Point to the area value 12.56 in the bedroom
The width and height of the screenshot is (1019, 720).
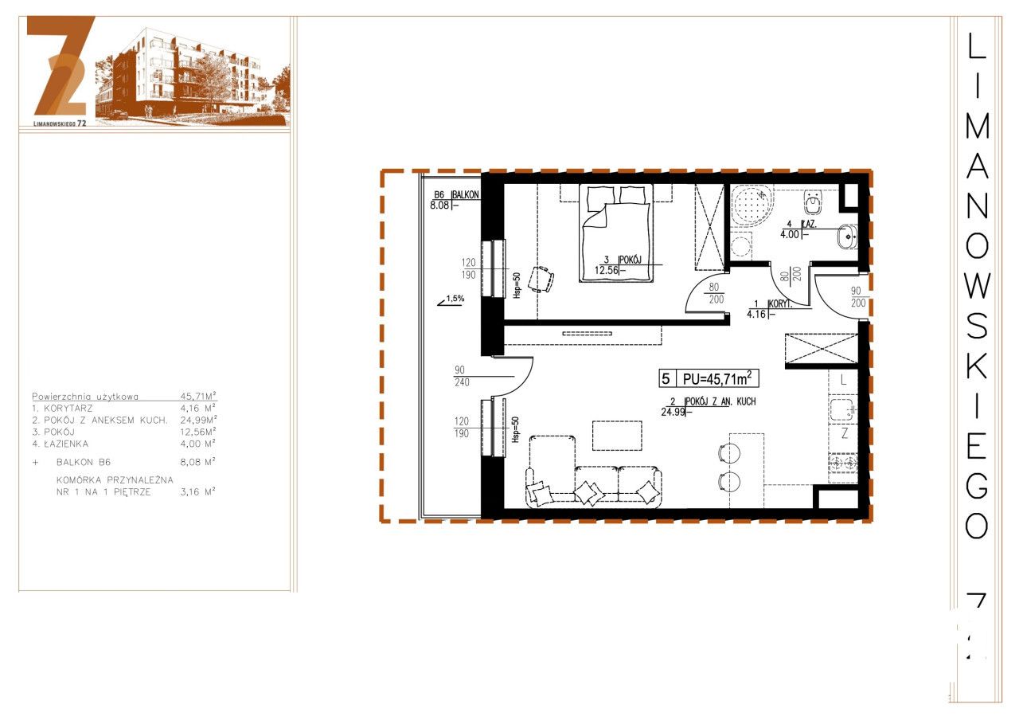[x=607, y=270]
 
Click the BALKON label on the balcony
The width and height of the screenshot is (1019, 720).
[x=467, y=194]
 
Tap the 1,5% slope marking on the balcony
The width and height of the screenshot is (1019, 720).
[x=454, y=299]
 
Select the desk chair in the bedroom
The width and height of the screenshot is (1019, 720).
[x=544, y=278]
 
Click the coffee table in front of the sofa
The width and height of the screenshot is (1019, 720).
[x=616, y=435]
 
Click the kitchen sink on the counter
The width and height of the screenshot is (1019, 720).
[x=841, y=410]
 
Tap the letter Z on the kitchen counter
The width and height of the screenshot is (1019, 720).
[x=845, y=436]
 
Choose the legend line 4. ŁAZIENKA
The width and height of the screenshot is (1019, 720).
[x=61, y=444]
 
